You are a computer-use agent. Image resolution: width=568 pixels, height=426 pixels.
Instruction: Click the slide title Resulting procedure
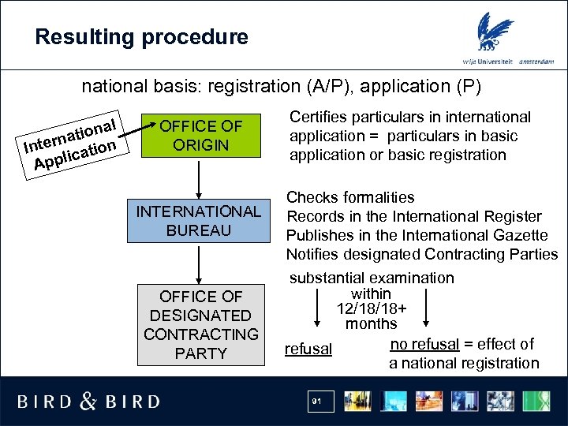142,37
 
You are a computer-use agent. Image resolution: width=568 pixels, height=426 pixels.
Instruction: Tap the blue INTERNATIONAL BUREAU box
198,221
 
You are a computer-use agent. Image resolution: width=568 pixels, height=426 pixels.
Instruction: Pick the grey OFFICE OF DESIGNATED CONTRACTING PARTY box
200,325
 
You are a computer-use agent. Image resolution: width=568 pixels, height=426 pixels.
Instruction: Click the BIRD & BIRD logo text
88,402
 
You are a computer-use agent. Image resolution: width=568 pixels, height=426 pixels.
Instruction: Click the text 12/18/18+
372,308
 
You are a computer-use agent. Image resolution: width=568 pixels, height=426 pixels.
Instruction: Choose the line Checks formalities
350,197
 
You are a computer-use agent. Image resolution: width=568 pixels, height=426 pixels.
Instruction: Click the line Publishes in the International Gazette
417,235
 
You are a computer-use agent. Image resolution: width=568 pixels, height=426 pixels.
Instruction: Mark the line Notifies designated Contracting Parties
421,254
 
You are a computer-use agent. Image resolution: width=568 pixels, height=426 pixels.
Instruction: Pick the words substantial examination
372,278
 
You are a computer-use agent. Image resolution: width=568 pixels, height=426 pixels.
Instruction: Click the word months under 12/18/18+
371,323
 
